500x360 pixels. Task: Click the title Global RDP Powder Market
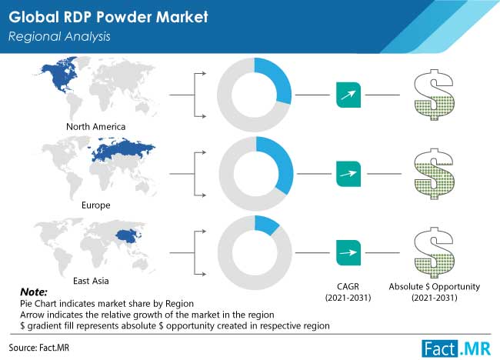108,17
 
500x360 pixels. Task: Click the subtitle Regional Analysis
59,36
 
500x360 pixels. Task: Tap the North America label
95,127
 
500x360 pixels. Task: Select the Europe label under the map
95,205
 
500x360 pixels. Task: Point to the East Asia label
91,281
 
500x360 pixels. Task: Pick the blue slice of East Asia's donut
266,224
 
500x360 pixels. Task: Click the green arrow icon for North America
348,95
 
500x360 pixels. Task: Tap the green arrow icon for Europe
348,174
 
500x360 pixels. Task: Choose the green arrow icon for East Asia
348,253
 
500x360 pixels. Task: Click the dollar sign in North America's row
434,95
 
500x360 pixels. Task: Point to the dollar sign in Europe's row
434,174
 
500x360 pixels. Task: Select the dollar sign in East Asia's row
434,253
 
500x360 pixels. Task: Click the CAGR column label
348,292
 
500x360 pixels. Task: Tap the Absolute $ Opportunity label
435,292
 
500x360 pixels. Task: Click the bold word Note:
34,292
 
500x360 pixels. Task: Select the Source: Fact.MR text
39,347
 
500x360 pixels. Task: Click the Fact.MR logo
456,348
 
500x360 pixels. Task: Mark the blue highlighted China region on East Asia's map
128,236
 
